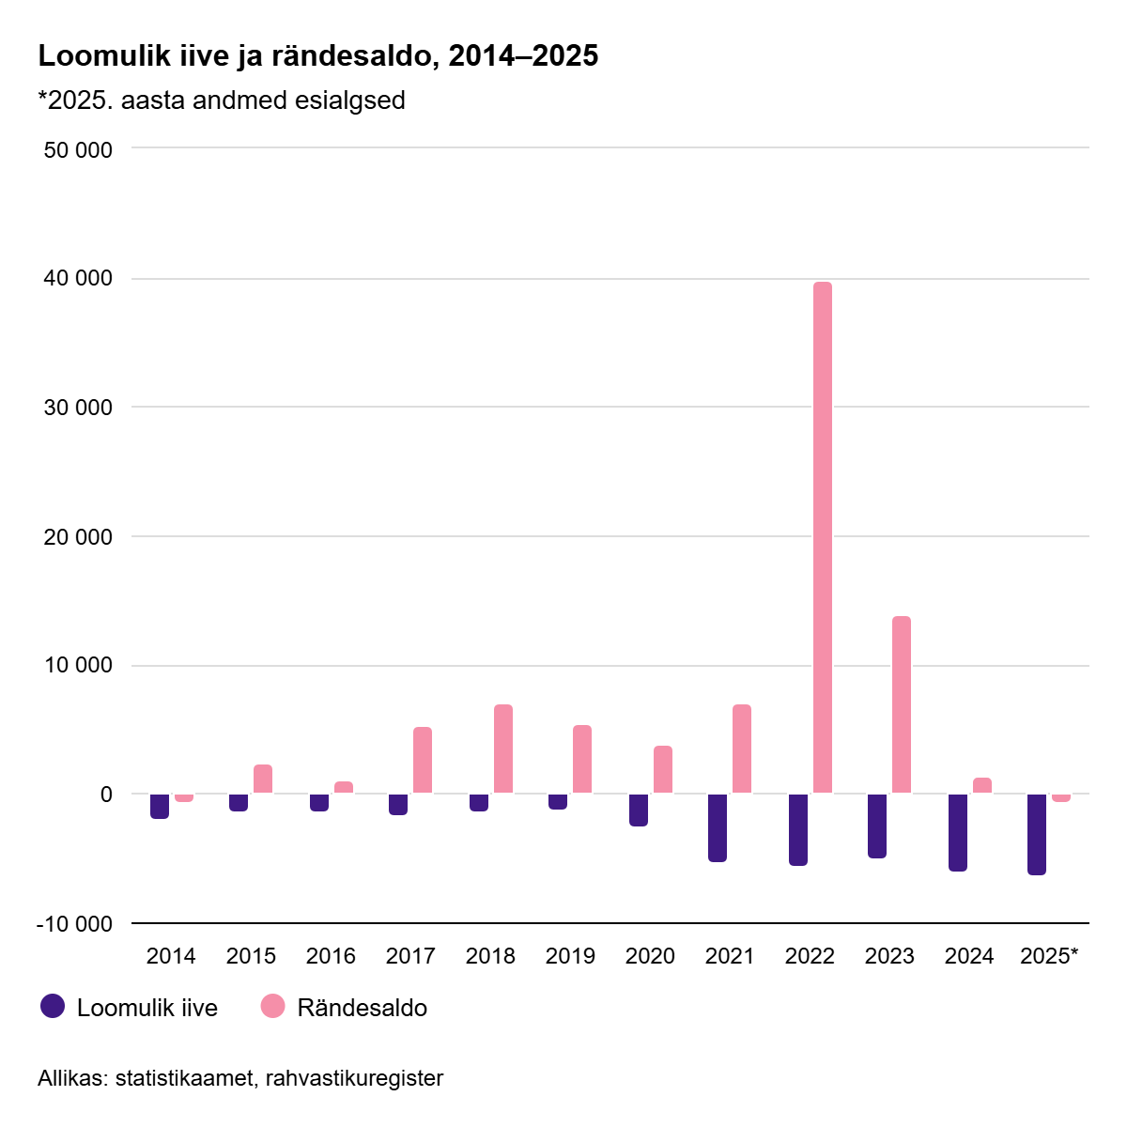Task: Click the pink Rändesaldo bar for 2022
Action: [x=823, y=537]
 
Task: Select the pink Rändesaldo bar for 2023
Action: [x=902, y=704]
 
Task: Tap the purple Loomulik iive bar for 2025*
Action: [x=1037, y=834]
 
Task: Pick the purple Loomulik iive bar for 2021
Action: [x=718, y=827]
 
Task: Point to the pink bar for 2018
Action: [x=503, y=749]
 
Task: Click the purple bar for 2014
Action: [x=160, y=806]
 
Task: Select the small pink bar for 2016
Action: [x=344, y=788]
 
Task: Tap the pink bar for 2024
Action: [x=982, y=786]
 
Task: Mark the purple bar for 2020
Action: [x=639, y=810]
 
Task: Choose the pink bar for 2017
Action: [x=423, y=760]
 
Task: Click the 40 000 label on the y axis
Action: [x=78, y=279]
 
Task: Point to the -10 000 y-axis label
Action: [x=74, y=924]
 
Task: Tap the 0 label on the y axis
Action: [x=105, y=795]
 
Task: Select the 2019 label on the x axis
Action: [x=570, y=956]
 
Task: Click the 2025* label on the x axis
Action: [x=1049, y=956]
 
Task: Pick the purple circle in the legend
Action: [x=53, y=1007]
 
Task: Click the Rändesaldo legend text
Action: [x=362, y=1009]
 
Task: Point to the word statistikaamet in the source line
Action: [x=183, y=1078]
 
